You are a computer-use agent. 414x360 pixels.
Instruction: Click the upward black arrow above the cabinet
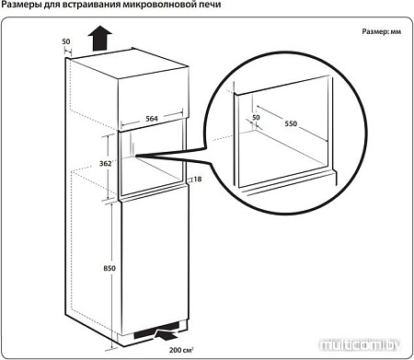(100, 38)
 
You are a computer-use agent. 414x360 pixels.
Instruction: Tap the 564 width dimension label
(152, 119)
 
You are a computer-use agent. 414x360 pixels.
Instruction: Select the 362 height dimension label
(105, 163)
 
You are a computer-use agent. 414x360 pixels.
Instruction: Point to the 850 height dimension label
(109, 268)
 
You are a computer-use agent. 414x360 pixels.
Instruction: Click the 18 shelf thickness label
(198, 179)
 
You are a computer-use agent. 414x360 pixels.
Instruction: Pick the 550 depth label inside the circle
(291, 123)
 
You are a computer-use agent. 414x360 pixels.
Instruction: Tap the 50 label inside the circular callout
(256, 117)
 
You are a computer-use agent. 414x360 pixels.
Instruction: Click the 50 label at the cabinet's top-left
(66, 41)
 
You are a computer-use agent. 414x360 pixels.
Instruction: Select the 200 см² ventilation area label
(180, 350)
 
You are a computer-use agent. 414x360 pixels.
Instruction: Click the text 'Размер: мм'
(382, 31)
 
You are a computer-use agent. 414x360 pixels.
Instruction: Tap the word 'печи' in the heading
(210, 5)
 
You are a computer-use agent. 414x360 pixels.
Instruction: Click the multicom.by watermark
(360, 345)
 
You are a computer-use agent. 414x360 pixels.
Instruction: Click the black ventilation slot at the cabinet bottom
(156, 331)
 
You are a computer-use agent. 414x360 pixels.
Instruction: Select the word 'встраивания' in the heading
(88, 5)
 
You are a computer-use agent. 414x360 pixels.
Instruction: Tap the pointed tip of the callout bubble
(135, 156)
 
